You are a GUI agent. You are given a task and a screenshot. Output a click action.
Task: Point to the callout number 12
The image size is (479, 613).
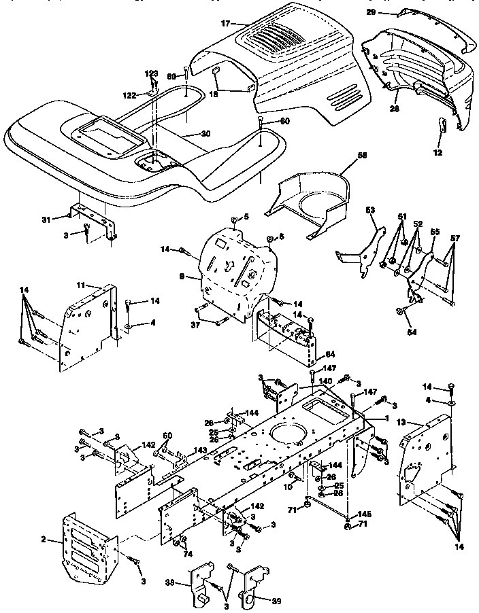click(x=437, y=152)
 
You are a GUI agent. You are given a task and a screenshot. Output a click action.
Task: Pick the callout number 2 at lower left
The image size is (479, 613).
click(x=44, y=540)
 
